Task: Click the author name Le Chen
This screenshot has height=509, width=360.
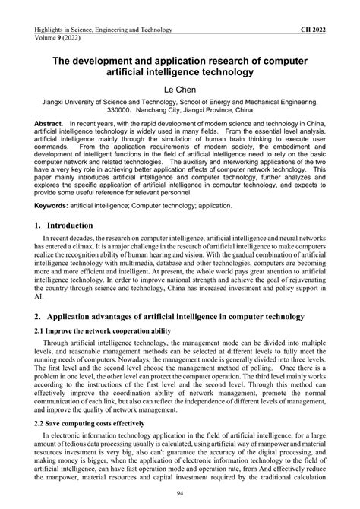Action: tap(180, 93)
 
